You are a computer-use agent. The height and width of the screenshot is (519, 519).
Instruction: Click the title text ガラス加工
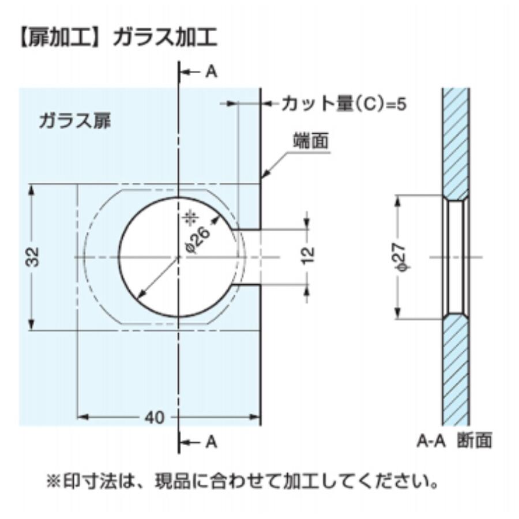[165, 37]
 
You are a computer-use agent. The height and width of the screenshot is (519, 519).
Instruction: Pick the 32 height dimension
[33, 257]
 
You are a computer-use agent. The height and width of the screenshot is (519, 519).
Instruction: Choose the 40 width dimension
[155, 417]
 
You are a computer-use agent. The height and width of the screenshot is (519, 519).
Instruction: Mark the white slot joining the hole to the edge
[249, 257]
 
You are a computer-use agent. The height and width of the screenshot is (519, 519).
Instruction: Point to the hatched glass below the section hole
[456, 369]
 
